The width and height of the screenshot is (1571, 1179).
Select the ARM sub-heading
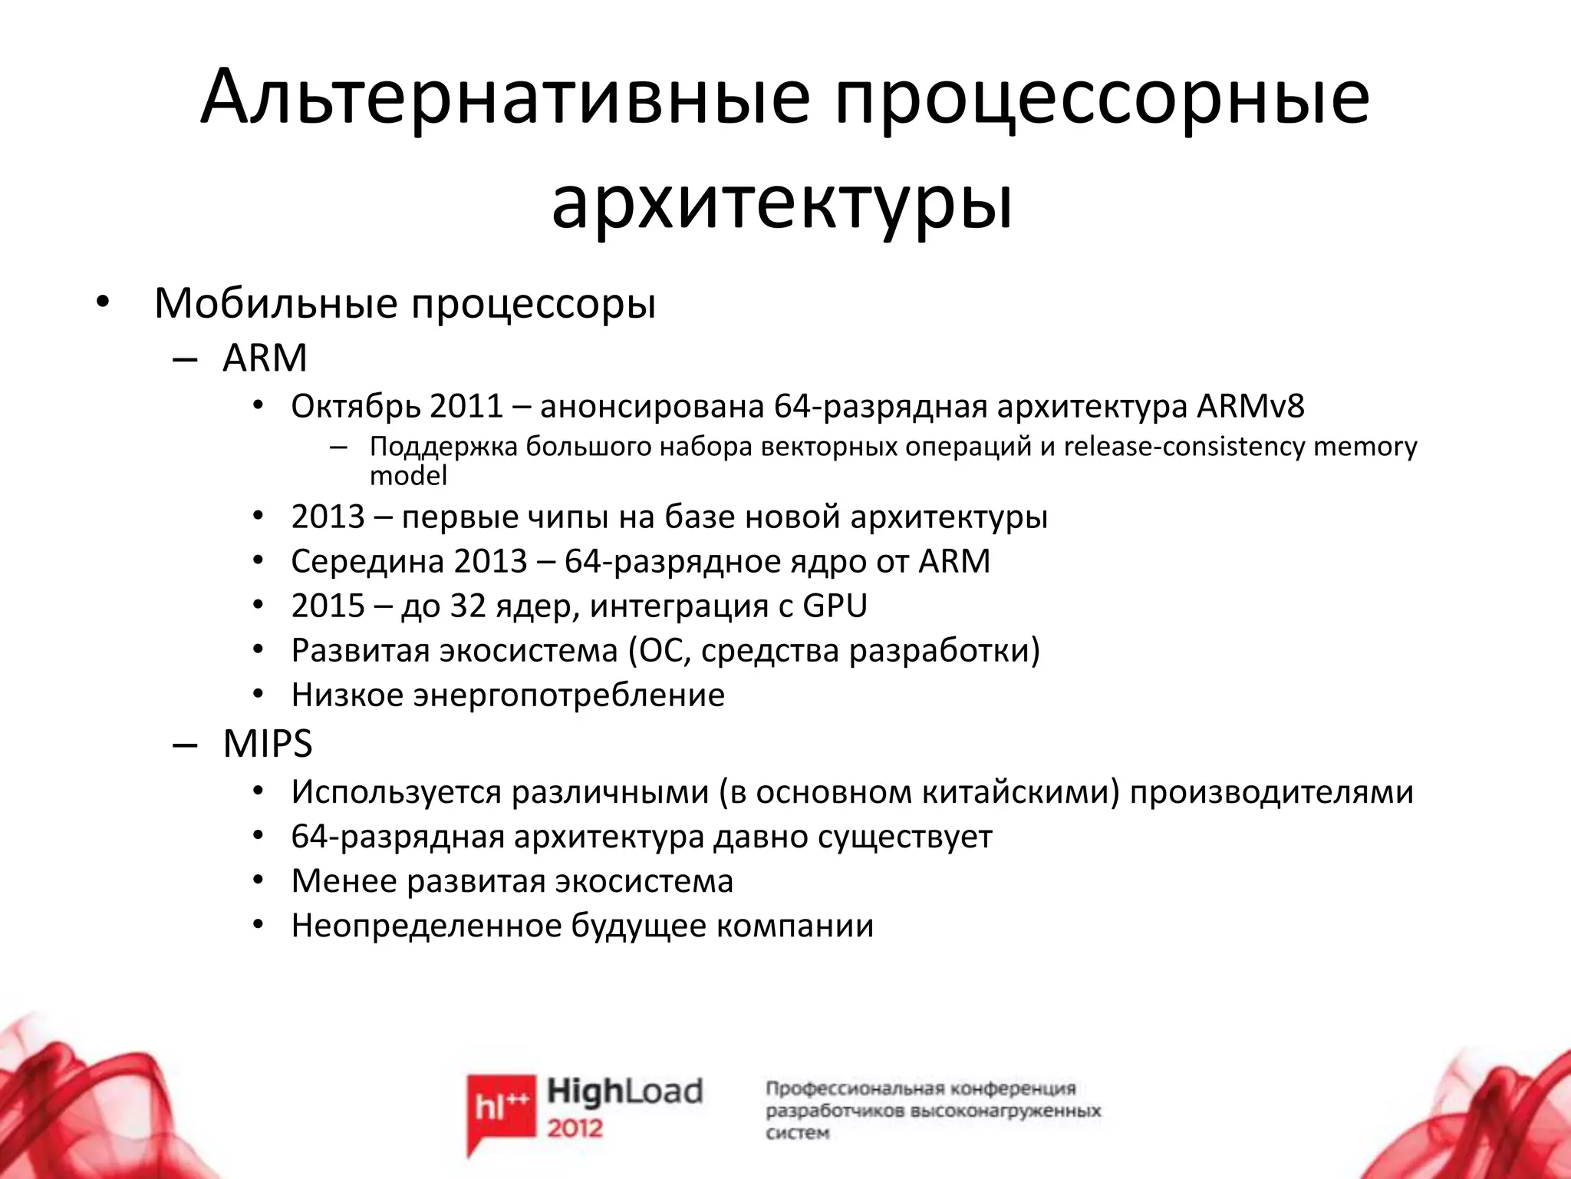tap(265, 358)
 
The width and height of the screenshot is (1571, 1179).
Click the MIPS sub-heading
tap(268, 743)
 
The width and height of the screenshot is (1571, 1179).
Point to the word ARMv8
tap(1250, 406)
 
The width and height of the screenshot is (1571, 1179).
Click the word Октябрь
tap(356, 406)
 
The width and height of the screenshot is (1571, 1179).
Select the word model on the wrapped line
tap(408, 476)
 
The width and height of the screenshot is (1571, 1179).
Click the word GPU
tap(835, 606)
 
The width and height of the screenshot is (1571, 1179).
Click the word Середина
tap(366, 561)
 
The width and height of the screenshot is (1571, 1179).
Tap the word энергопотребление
tap(568, 695)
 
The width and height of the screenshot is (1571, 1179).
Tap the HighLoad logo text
tap(624, 1091)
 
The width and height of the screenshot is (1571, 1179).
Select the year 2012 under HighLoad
tap(575, 1128)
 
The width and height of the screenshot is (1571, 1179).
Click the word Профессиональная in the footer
tap(853, 1088)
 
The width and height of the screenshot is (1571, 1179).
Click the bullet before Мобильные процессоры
tap(103, 304)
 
